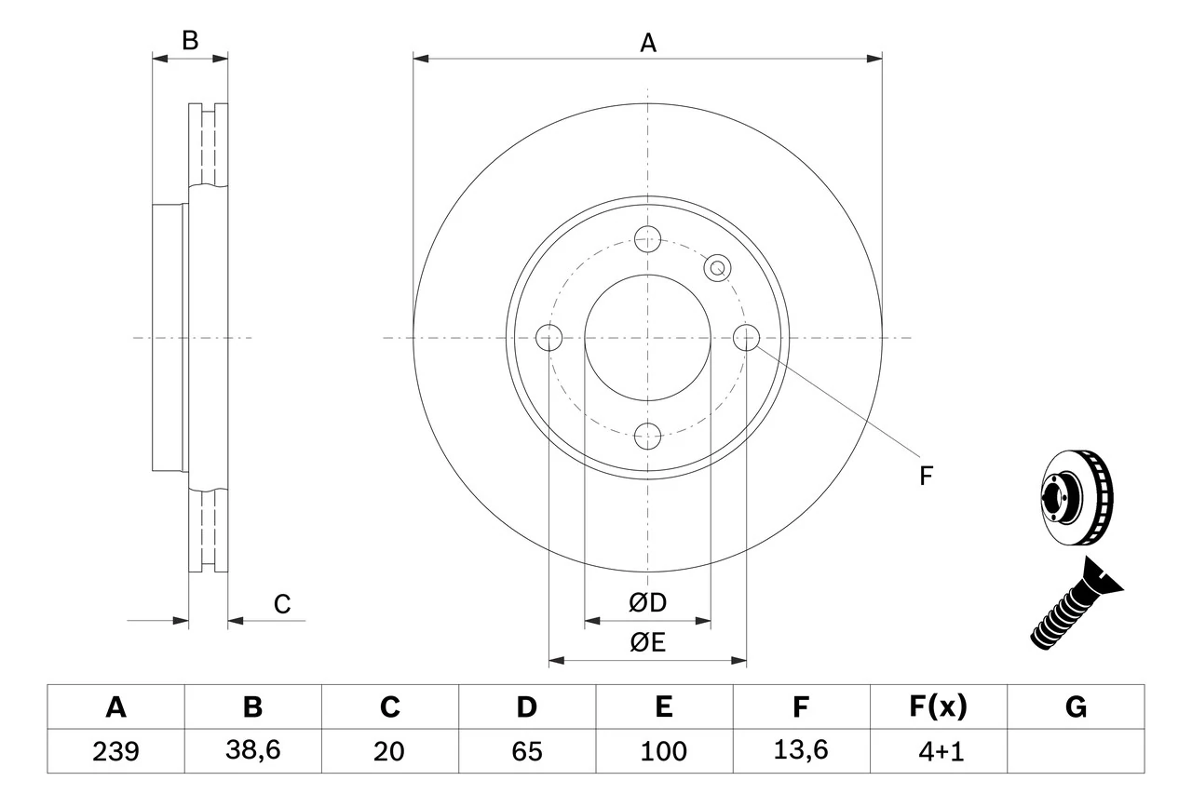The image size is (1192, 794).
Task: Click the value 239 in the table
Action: click(x=115, y=751)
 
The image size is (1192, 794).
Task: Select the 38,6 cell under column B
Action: click(x=252, y=751)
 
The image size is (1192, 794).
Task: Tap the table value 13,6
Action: click(x=800, y=751)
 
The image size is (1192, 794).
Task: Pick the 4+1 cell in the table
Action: click(x=938, y=751)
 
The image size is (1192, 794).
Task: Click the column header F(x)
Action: click(x=938, y=707)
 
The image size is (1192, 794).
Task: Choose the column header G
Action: click(x=1076, y=707)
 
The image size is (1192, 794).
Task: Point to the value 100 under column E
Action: click(x=663, y=751)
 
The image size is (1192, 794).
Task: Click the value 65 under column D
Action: click(x=526, y=751)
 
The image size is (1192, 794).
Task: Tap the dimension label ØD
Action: click(x=648, y=603)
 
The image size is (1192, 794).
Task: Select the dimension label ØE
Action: click(x=648, y=643)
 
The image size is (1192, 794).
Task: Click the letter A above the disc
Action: click(x=648, y=43)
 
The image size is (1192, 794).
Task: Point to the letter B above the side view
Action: click(x=190, y=41)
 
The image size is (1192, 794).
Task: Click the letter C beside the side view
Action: click(x=282, y=605)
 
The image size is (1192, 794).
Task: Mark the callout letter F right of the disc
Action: click(x=925, y=477)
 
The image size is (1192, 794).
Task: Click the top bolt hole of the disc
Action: click(x=647, y=238)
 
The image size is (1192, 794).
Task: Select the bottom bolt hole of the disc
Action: click(x=647, y=435)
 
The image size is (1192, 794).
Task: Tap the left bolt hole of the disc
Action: click(x=550, y=338)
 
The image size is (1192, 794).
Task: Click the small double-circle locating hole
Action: click(x=717, y=268)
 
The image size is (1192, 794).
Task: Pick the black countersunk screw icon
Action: click(x=1076, y=605)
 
